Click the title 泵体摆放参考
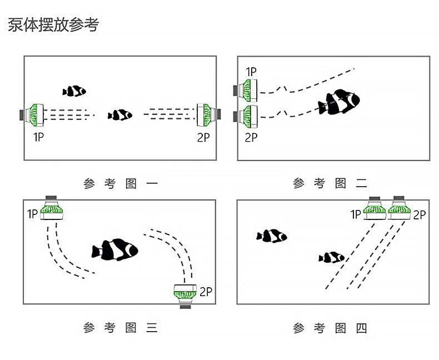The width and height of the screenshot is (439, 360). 53,26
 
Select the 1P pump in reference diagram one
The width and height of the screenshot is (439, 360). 34,115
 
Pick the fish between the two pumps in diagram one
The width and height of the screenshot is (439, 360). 120,115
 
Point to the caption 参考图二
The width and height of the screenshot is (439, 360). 330,183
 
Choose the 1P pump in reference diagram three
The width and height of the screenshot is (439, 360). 52,211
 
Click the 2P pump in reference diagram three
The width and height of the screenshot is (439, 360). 184,292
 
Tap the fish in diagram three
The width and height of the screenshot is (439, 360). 116,249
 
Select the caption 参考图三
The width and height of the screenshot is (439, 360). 121,328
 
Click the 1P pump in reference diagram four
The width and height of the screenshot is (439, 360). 375,209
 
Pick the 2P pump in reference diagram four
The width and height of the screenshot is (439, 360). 398,209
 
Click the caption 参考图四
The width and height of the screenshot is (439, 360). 330,328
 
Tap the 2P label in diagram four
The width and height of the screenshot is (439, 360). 419,214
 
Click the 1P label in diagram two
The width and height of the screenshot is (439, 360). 251,72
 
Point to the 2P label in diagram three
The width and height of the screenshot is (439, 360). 206,291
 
